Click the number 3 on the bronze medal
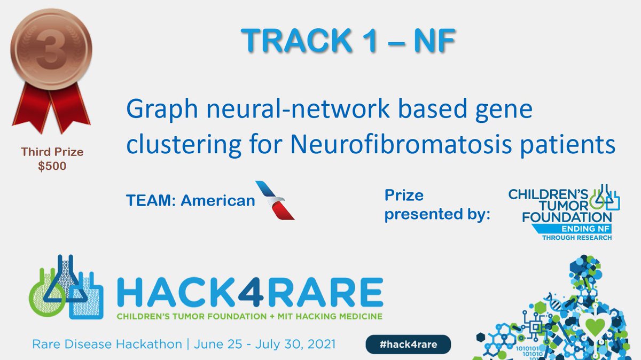[52, 48]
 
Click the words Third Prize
[52, 153]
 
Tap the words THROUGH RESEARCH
[576, 237]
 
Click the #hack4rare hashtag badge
[408, 345]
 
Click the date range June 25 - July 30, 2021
[262, 345]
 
